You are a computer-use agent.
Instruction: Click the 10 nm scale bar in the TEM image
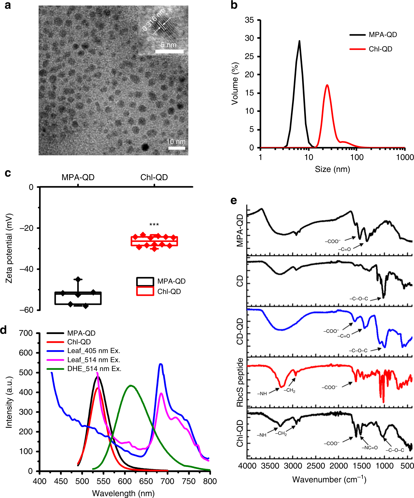[177, 148]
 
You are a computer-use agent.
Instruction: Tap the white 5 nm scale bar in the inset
[169, 51]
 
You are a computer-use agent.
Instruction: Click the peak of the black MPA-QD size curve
[299, 41]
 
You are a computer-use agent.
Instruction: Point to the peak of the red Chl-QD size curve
[327, 85]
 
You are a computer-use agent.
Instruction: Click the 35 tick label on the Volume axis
[249, 20]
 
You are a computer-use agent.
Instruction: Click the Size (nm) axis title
[332, 169]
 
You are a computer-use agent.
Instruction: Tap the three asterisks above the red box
[154, 225]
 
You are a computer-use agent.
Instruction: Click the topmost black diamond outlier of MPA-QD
[78, 279]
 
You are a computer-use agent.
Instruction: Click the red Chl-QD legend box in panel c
[145, 291]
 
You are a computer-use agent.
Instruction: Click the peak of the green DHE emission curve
[130, 386]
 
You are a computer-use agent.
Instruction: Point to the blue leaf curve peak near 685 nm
[161, 364]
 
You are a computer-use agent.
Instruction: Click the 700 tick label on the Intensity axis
[26, 333]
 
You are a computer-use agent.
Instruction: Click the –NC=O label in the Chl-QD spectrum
[370, 448]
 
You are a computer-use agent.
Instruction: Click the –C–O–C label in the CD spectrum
[359, 299]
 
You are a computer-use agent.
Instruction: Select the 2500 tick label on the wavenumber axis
[316, 466]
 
